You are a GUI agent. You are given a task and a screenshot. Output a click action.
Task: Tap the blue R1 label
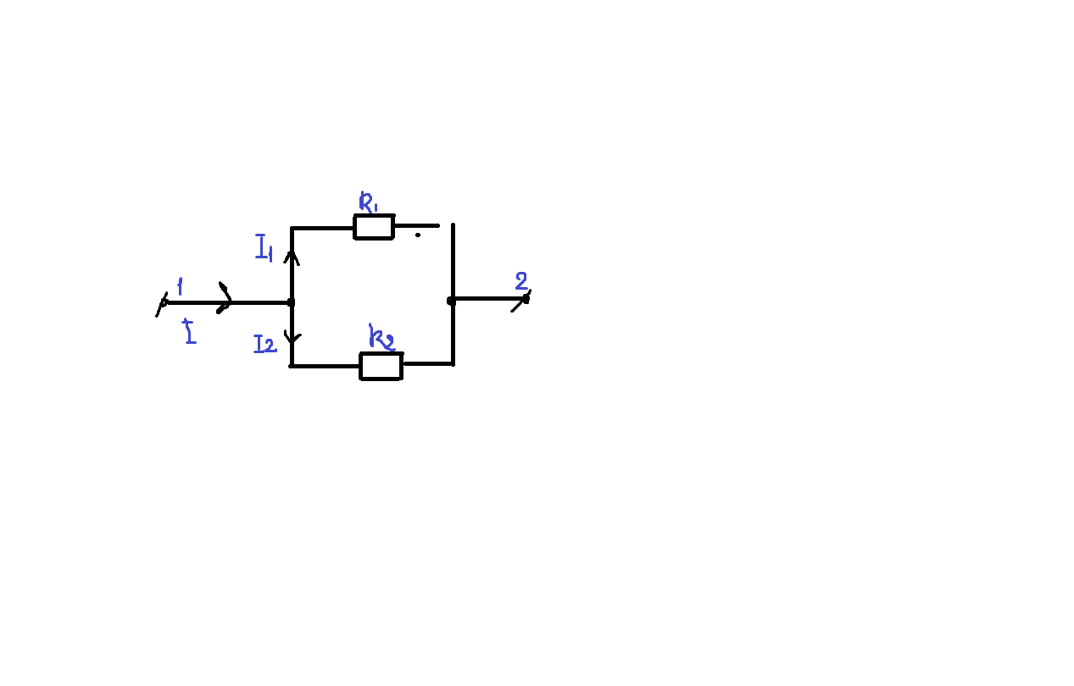click(368, 202)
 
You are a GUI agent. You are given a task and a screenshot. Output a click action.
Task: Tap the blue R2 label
click(381, 337)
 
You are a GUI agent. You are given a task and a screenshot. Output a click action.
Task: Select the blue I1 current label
click(264, 247)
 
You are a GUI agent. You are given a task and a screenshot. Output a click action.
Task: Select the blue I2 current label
click(265, 344)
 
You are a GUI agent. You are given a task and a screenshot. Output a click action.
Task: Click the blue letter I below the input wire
click(190, 331)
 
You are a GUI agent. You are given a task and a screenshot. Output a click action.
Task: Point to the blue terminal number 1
click(180, 286)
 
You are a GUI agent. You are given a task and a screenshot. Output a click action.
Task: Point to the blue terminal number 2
click(521, 280)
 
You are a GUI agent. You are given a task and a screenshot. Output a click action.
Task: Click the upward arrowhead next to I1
click(292, 257)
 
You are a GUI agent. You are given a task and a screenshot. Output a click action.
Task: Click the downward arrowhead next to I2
click(292, 337)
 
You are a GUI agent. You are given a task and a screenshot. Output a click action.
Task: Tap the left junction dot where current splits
click(291, 302)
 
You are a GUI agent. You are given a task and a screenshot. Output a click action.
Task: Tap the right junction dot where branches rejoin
click(451, 301)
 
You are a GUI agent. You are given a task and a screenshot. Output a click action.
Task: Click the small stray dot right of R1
click(418, 235)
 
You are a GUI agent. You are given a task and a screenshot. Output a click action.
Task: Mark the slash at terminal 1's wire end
click(162, 304)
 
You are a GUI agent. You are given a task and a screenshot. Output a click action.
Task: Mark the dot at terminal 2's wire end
click(526, 300)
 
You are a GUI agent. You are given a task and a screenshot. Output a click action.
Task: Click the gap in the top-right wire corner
click(447, 224)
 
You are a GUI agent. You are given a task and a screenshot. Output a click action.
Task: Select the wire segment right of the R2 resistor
click(429, 364)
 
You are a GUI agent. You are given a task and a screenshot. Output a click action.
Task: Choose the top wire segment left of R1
click(322, 228)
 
